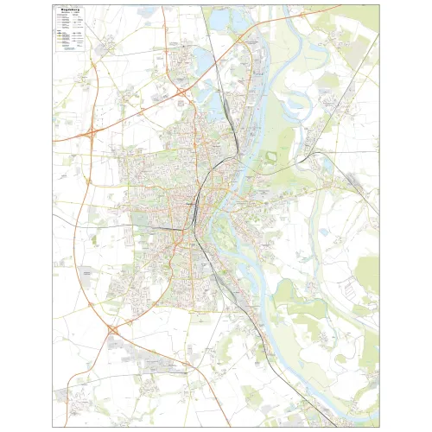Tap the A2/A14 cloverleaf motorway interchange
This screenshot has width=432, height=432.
coord(91,133)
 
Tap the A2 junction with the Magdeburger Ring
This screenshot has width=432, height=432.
coord(181,90)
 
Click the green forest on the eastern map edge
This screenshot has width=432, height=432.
coord(368,276)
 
